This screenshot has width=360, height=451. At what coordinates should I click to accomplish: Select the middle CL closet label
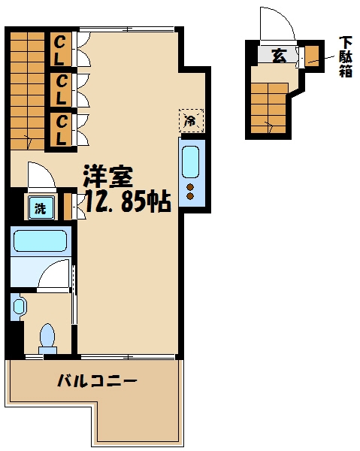pos(61,88)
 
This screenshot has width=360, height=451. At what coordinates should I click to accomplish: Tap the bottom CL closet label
pos(61,129)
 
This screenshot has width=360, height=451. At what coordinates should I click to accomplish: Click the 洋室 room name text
pos(107,177)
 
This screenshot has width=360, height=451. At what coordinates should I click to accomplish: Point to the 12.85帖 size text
pos(126,201)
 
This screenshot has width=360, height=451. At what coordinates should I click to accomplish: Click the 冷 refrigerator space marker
pos(190,120)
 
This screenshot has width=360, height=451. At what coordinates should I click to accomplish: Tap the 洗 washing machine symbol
pos(39,208)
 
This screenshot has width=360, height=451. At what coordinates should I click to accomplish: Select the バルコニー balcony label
pos(97,381)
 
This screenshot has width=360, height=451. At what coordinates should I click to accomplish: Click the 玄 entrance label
pos(279,56)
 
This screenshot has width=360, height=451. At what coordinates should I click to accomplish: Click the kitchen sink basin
pos(191,161)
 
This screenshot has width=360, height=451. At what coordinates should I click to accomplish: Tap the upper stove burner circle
pos(191,187)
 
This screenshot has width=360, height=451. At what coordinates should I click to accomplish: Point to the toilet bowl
pos(48,335)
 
